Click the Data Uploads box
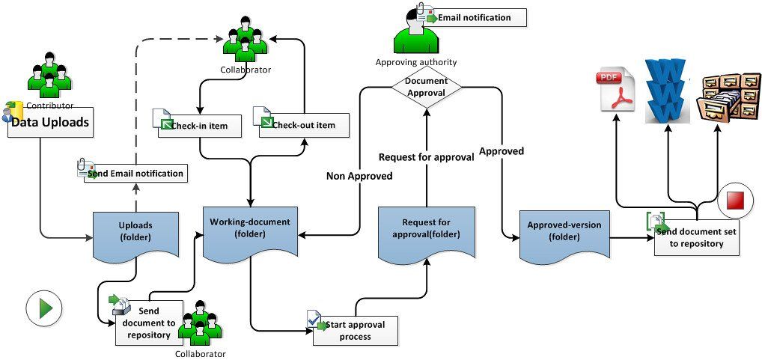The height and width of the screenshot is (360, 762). coord(51,122)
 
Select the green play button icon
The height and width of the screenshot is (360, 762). coord(43,307)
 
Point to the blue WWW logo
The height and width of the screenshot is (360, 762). coord(668,90)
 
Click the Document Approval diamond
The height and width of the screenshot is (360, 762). coord(425,87)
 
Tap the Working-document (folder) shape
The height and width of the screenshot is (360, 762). coord(249,229)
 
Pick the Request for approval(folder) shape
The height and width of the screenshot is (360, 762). coord(426,229)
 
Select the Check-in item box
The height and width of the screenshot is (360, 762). coord(200,125)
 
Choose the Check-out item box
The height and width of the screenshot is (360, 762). coord(304,125)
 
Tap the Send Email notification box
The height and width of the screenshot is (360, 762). coord(134,173)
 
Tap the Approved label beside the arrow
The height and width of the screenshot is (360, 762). coord(501,151)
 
